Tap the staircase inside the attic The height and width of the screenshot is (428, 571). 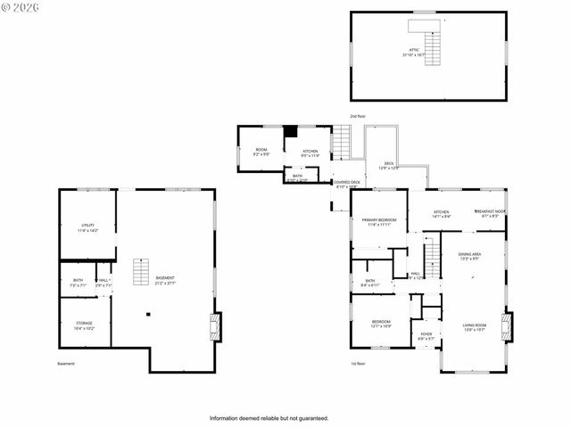432,39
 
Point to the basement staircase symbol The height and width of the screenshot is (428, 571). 139,272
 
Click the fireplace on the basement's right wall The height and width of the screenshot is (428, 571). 213,325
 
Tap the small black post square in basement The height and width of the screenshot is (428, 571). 148,314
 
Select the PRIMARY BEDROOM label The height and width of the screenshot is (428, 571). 378,221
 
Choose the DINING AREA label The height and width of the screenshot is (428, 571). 470,257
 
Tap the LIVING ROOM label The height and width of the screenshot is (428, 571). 474,326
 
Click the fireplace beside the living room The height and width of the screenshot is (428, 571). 507,325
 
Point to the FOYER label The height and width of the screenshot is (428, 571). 426,336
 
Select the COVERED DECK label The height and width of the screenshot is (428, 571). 348,184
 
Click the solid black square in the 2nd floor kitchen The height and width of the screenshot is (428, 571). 290,132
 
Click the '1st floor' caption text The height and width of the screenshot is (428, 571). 358,364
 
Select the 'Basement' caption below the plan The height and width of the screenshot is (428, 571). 66,364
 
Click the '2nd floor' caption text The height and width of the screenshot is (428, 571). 358,117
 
